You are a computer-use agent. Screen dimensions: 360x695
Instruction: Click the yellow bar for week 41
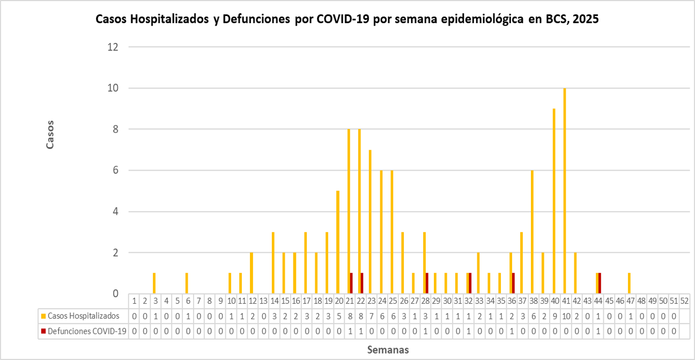[565, 191]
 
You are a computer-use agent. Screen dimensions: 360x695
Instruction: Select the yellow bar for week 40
[554, 201]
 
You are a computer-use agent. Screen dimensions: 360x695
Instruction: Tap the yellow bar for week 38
[532, 232]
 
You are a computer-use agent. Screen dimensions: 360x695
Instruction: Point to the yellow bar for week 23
[370, 222]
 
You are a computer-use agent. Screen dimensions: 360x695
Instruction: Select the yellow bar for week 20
[338, 242]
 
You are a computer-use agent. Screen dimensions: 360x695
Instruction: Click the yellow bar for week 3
[154, 283]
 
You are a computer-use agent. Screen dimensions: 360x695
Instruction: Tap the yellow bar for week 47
[630, 283]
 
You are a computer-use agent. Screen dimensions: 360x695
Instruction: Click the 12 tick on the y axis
[113, 47]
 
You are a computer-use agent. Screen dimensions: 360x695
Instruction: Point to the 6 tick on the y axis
[115, 171]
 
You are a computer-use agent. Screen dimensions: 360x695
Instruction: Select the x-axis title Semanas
[388, 350]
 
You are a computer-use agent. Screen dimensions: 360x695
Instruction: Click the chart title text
[346, 19]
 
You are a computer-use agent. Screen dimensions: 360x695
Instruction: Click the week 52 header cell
[684, 301]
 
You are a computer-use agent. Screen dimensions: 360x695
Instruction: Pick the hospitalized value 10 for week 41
[565, 316]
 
